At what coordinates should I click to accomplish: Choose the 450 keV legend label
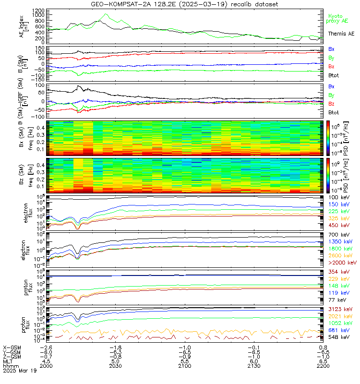point(340,225)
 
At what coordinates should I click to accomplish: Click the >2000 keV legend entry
point(342,263)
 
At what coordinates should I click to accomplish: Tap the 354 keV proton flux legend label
point(340,272)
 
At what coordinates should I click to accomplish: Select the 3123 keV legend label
point(342,310)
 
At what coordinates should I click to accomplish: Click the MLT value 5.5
point(185,361)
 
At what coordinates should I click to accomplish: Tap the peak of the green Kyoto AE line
point(106,14)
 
